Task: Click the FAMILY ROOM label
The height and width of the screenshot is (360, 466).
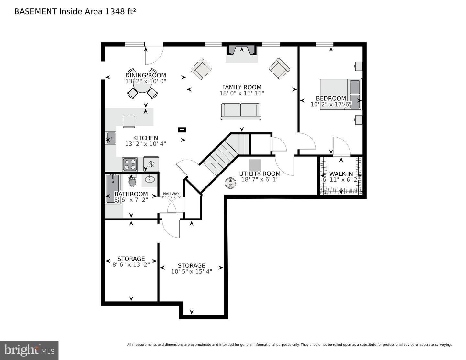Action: coord(241,87)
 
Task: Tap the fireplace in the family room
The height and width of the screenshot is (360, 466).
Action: coord(241,51)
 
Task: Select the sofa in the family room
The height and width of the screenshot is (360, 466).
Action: coord(241,111)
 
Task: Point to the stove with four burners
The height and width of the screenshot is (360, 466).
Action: coord(130,164)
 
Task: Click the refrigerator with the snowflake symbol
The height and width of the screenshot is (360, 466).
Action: coord(151,164)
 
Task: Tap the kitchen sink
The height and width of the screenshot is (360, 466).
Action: coord(110,138)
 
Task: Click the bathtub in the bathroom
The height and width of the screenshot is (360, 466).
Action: coord(113,189)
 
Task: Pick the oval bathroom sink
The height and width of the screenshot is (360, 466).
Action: coord(149,179)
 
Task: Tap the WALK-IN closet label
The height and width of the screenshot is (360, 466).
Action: coord(341,174)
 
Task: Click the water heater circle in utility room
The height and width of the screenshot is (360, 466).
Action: coord(230,183)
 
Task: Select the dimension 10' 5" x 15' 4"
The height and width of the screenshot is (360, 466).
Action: coord(191,271)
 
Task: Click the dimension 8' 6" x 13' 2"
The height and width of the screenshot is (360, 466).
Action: coord(131,264)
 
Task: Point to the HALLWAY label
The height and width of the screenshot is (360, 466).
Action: coord(171,194)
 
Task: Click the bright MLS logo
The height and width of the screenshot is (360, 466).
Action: coord(29,350)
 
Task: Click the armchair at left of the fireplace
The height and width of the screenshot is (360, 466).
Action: coord(201,69)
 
